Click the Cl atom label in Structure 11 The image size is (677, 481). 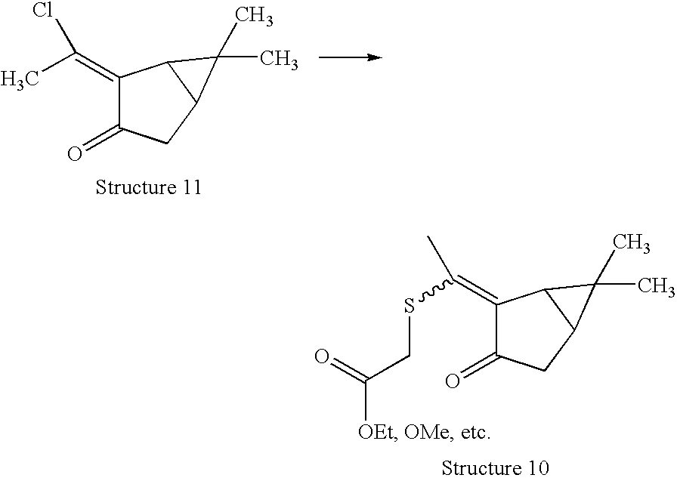point(44,11)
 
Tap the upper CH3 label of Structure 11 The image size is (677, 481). point(254,17)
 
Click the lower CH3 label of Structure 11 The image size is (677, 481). point(278,60)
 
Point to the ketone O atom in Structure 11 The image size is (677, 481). point(74,155)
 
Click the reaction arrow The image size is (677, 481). point(347,57)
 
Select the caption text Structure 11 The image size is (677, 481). point(148,187)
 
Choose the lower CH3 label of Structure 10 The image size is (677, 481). point(656,285)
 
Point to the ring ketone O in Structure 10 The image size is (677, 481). point(452,381)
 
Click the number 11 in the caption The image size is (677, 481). point(191,187)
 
